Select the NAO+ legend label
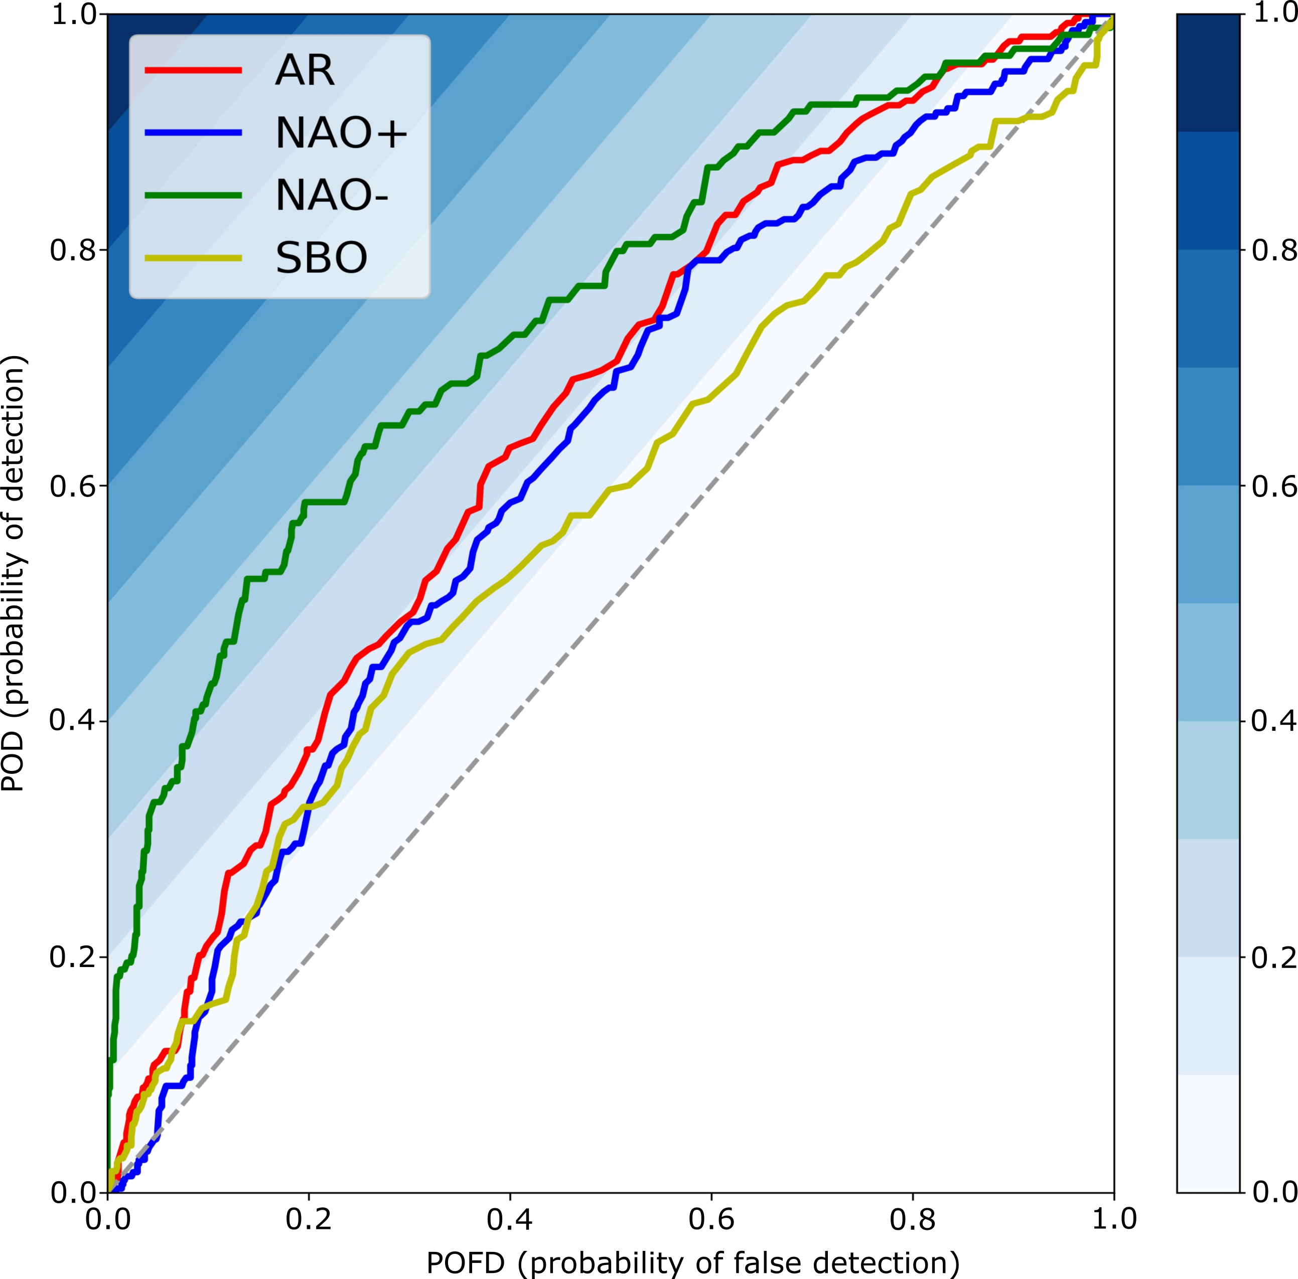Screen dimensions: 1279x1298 (x=341, y=132)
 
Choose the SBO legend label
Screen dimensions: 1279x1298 (x=322, y=257)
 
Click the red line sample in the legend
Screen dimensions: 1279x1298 (x=194, y=71)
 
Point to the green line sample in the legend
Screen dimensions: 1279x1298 (x=194, y=196)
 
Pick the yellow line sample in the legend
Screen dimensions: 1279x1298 (x=194, y=258)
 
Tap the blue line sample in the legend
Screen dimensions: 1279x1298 (x=194, y=133)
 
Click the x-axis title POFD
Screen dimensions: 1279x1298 (x=692, y=1263)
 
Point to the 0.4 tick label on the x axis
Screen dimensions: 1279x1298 (x=509, y=1218)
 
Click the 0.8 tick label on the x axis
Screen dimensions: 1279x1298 (x=912, y=1218)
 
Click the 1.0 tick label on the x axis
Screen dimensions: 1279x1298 (x=1114, y=1218)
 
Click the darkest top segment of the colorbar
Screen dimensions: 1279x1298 (x=1208, y=73)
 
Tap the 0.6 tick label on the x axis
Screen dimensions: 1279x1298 (x=711, y=1218)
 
